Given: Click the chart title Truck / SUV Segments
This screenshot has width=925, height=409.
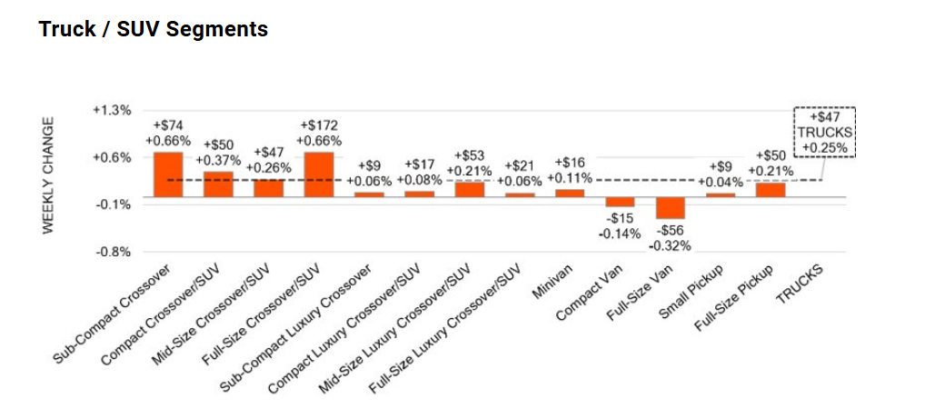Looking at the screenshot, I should [153, 29].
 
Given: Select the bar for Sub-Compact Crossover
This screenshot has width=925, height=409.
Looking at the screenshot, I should [168, 175].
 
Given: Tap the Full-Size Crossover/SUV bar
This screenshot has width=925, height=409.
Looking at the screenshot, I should [319, 175].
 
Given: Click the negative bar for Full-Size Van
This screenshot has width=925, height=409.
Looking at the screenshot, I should [671, 208].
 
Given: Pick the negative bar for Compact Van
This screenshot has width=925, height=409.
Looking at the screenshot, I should [621, 202].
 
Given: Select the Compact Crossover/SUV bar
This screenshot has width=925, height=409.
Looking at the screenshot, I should [218, 185].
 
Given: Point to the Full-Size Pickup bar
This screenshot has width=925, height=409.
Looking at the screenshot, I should [771, 190].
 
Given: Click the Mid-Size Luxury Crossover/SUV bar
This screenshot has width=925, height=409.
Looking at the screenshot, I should [470, 189].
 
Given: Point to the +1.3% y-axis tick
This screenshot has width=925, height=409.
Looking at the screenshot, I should [113, 110].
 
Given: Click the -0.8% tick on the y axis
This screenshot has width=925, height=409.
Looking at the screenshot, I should [114, 252].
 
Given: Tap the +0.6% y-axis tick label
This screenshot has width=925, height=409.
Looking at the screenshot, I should [113, 157].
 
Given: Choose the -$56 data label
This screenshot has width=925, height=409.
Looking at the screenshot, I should [670, 231].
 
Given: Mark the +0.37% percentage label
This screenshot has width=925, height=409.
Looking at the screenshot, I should [218, 161].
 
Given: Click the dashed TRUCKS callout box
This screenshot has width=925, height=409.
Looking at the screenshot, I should [824, 132].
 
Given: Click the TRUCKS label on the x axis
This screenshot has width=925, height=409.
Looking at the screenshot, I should [799, 284].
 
